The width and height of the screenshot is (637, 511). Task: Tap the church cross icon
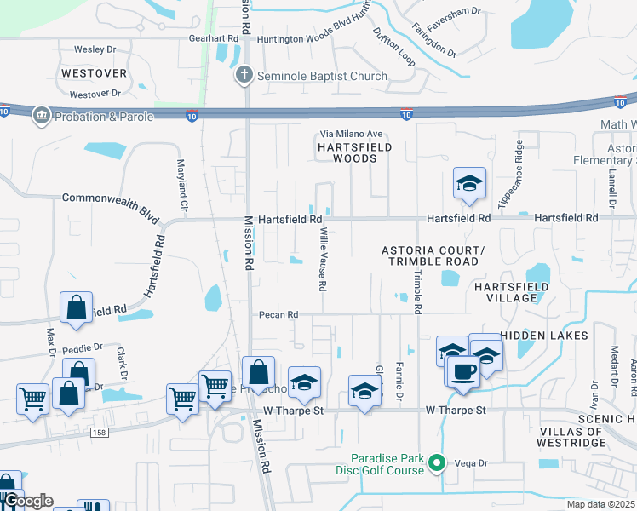click(244, 76)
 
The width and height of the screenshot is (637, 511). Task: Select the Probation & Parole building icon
click(40, 115)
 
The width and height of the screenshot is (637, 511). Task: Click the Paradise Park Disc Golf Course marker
click(437, 463)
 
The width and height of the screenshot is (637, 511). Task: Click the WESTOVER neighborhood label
click(94, 73)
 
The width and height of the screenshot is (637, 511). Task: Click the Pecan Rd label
click(278, 314)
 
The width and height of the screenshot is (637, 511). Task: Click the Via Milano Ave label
click(351, 134)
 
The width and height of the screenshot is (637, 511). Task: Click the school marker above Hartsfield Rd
click(468, 184)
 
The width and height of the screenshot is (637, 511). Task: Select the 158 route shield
click(100, 433)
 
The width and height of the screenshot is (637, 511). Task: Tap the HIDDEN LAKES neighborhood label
click(544, 336)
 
